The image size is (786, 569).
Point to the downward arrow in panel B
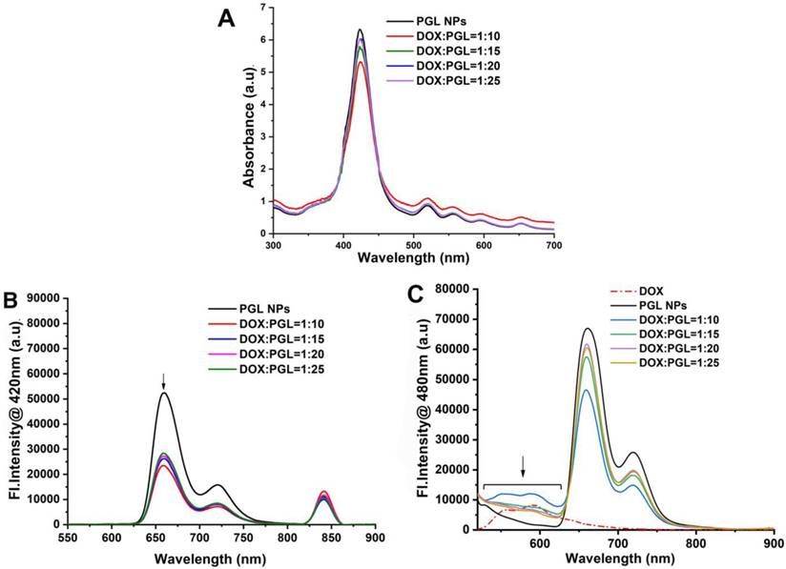coord(164,379)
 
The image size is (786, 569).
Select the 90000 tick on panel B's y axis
coord(46,299)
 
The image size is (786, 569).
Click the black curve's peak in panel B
coord(165,393)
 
